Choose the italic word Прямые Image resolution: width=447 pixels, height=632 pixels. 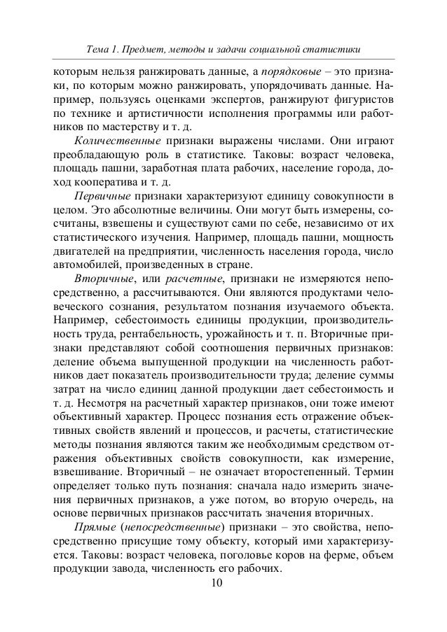click(x=95, y=526)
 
